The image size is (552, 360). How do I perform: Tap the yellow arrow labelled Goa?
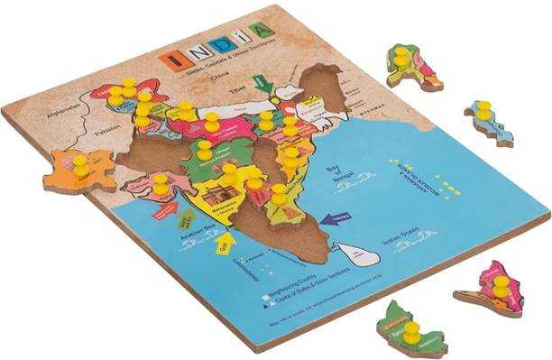225,245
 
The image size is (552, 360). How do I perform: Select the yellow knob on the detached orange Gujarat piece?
81,165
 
